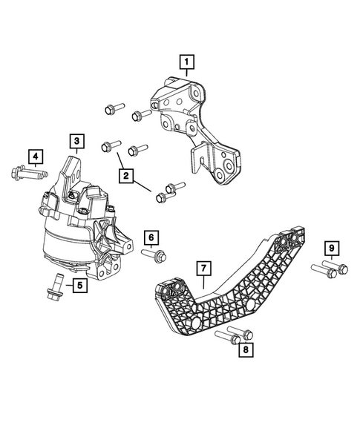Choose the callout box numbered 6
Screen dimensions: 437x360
(x=151, y=237)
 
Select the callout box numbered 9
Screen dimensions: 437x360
(x=331, y=247)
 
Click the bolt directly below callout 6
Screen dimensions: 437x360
(x=154, y=257)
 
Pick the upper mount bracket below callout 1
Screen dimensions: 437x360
(x=197, y=126)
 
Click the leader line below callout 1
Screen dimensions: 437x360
(x=187, y=76)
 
